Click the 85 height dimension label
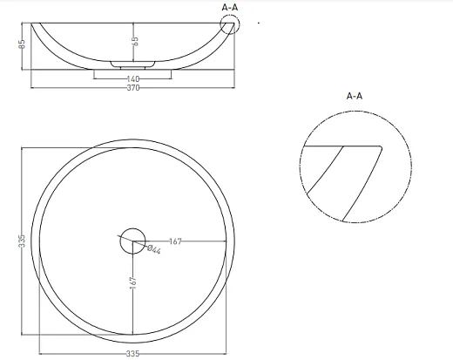[x=23, y=44]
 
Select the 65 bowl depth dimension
[x=135, y=41]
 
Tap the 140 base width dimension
[x=133, y=78]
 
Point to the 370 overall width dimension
[x=133, y=87]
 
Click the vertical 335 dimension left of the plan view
[x=23, y=241]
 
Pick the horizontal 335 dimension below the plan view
[x=132, y=354]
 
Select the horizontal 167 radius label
[x=175, y=241]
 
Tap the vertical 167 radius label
[x=132, y=282]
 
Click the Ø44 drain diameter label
[x=154, y=249]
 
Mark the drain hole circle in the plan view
[x=132, y=228]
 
